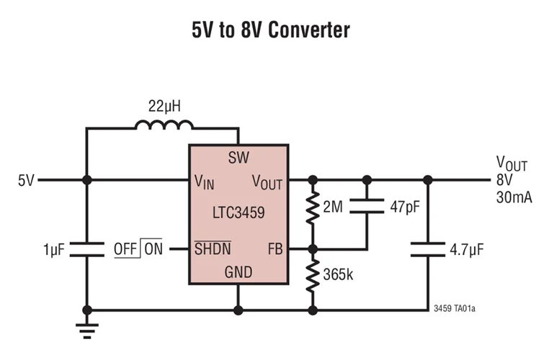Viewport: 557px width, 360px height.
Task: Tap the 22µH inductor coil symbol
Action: (164, 127)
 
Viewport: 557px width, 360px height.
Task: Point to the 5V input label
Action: (26, 180)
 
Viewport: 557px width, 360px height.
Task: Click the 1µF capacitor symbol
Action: (86, 249)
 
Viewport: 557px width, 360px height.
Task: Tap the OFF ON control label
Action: (138, 249)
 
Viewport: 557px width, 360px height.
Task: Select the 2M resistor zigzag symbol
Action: (313, 208)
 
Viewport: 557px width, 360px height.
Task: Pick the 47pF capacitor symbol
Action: (367, 208)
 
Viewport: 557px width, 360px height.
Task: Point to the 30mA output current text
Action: (513, 197)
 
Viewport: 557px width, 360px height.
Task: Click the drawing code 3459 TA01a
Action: (455, 308)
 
